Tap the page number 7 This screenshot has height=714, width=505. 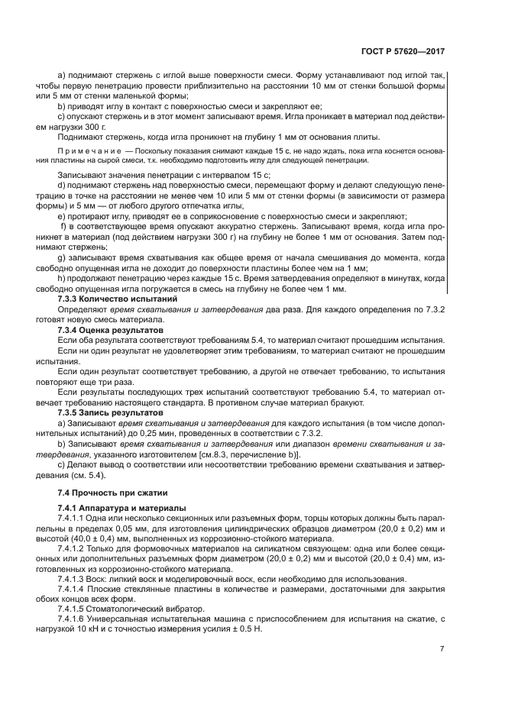tap(442, 648)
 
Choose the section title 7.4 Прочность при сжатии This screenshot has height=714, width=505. tap(106, 492)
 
